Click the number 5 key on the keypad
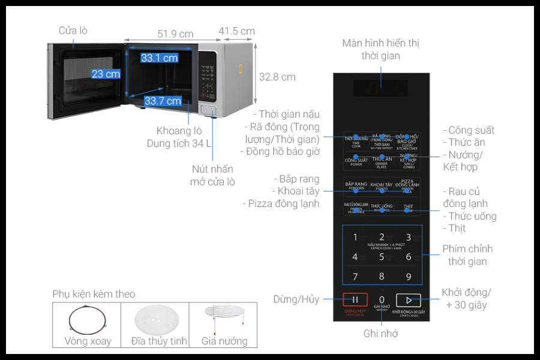point(382,257)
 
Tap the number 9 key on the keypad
point(408,277)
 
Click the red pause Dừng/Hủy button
point(355,300)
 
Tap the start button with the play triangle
point(408,300)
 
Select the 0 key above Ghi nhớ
point(382,299)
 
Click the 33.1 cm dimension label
point(160,58)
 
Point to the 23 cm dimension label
point(106,74)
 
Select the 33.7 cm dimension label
point(163,101)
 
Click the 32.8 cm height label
point(277,77)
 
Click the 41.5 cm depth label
point(236,31)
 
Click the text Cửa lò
point(73,30)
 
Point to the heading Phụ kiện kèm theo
point(94,294)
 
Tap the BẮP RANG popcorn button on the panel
point(356,186)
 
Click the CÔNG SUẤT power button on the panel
point(356,161)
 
